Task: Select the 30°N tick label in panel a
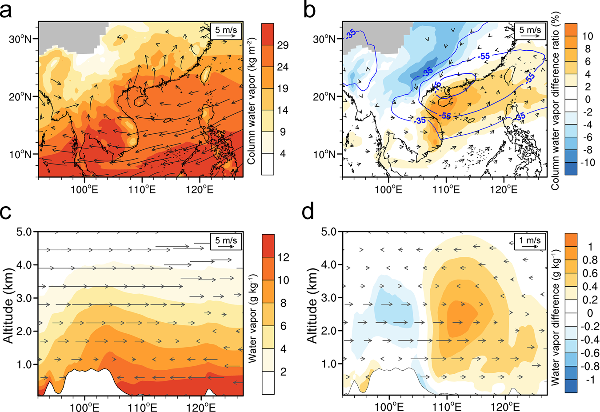(x=20, y=39)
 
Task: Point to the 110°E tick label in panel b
(x=446, y=190)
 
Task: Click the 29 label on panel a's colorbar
(x=283, y=45)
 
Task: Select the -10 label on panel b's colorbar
(x=588, y=163)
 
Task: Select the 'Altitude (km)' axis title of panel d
(x=313, y=305)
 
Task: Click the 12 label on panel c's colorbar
(x=283, y=258)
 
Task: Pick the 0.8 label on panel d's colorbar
(x=590, y=259)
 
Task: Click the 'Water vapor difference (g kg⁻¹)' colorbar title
(x=555, y=317)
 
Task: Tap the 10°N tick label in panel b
(x=324, y=155)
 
